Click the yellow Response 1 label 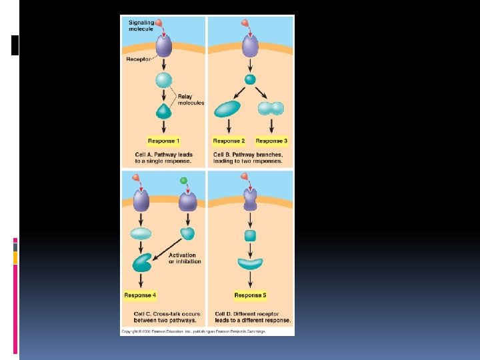(163, 141)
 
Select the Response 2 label (229, 141)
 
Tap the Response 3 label (271, 141)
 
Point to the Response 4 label (141, 295)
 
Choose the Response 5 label (250, 295)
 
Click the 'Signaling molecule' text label (141, 25)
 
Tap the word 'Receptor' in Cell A (139, 59)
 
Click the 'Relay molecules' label (191, 100)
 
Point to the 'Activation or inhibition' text (183, 257)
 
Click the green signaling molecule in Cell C (183, 181)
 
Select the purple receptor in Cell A (163, 46)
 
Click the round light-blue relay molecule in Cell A (163, 81)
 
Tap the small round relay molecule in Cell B (250, 79)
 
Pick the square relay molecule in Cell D (250, 235)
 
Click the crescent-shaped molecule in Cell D (250, 263)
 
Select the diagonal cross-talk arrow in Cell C (168, 250)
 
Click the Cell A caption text (163, 158)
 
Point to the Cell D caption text (253, 317)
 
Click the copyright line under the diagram (193, 331)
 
